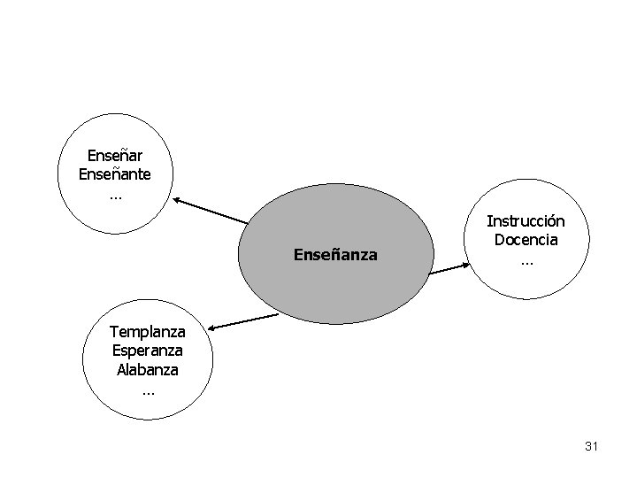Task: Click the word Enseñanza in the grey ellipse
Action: click(x=334, y=255)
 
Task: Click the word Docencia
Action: click(x=526, y=239)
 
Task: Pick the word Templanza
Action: click(x=147, y=332)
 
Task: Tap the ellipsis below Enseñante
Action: click(x=115, y=195)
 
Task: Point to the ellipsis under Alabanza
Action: click(x=147, y=389)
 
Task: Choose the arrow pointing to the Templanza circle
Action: click(x=242, y=320)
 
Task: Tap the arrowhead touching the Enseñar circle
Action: click(x=179, y=202)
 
